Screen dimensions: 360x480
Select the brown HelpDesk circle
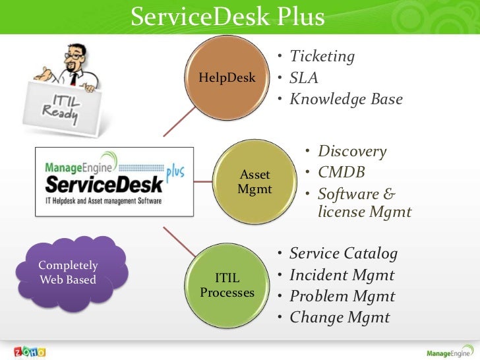pyautogui.click(x=227, y=78)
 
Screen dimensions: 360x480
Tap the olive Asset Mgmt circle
pyautogui.click(x=255, y=182)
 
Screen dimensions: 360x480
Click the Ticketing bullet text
pyautogui.click(x=322, y=57)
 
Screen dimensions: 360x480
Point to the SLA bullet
pyautogui.click(x=303, y=78)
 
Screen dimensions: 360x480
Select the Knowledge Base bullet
pyautogui.click(x=345, y=100)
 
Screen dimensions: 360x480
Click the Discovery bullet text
pyautogui.click(x=351, y=152)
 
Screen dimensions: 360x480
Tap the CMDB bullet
pyautogui.click(x=341, y=173)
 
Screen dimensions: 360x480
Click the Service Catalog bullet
pyautogui.click(x=343, y=254)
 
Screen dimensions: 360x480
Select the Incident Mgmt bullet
pyautogui.click(x=342, y=275)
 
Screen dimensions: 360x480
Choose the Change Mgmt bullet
pyautogui.click(x=339, y=318)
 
